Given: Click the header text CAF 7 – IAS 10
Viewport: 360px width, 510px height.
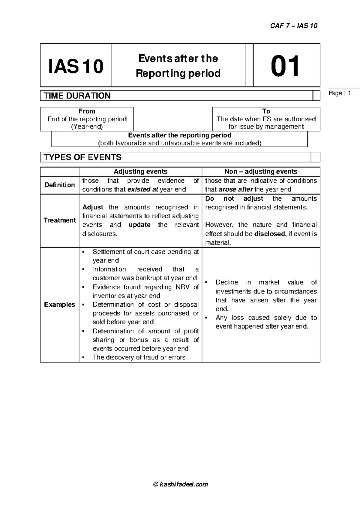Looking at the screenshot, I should tap(293, 26).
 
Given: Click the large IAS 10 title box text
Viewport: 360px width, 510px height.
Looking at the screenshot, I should tap(76, 66).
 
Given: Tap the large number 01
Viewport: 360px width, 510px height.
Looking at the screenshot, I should tap(285, 66).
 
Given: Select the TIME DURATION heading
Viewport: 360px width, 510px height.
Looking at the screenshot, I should tap(77, 96).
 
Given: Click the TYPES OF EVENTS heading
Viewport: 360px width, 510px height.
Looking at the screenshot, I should tap(82, 157).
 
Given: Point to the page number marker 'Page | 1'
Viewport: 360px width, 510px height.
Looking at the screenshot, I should tap(340, 93).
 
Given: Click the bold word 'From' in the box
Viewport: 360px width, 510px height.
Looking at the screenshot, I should tap(87, 111).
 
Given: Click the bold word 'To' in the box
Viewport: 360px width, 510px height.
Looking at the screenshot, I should tap(266, 111).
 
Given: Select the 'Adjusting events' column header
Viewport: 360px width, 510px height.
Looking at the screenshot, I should tap(140, 172).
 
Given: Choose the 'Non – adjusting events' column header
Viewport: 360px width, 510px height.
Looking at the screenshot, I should tap(261, 172).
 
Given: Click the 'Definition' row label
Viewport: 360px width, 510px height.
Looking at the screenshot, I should tap(59, 185).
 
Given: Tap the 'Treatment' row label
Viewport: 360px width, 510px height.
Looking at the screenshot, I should tap(59, 220).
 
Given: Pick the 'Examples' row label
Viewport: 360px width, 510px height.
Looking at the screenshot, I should tap(59, 305).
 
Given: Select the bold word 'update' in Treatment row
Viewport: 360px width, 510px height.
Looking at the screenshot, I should tap(139, 225).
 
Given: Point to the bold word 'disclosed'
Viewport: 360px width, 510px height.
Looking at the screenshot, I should tap(269, 234).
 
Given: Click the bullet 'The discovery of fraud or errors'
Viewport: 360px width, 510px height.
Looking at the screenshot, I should tap(139, 357).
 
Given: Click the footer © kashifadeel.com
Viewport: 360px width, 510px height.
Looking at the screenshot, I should tap(180, 484).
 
